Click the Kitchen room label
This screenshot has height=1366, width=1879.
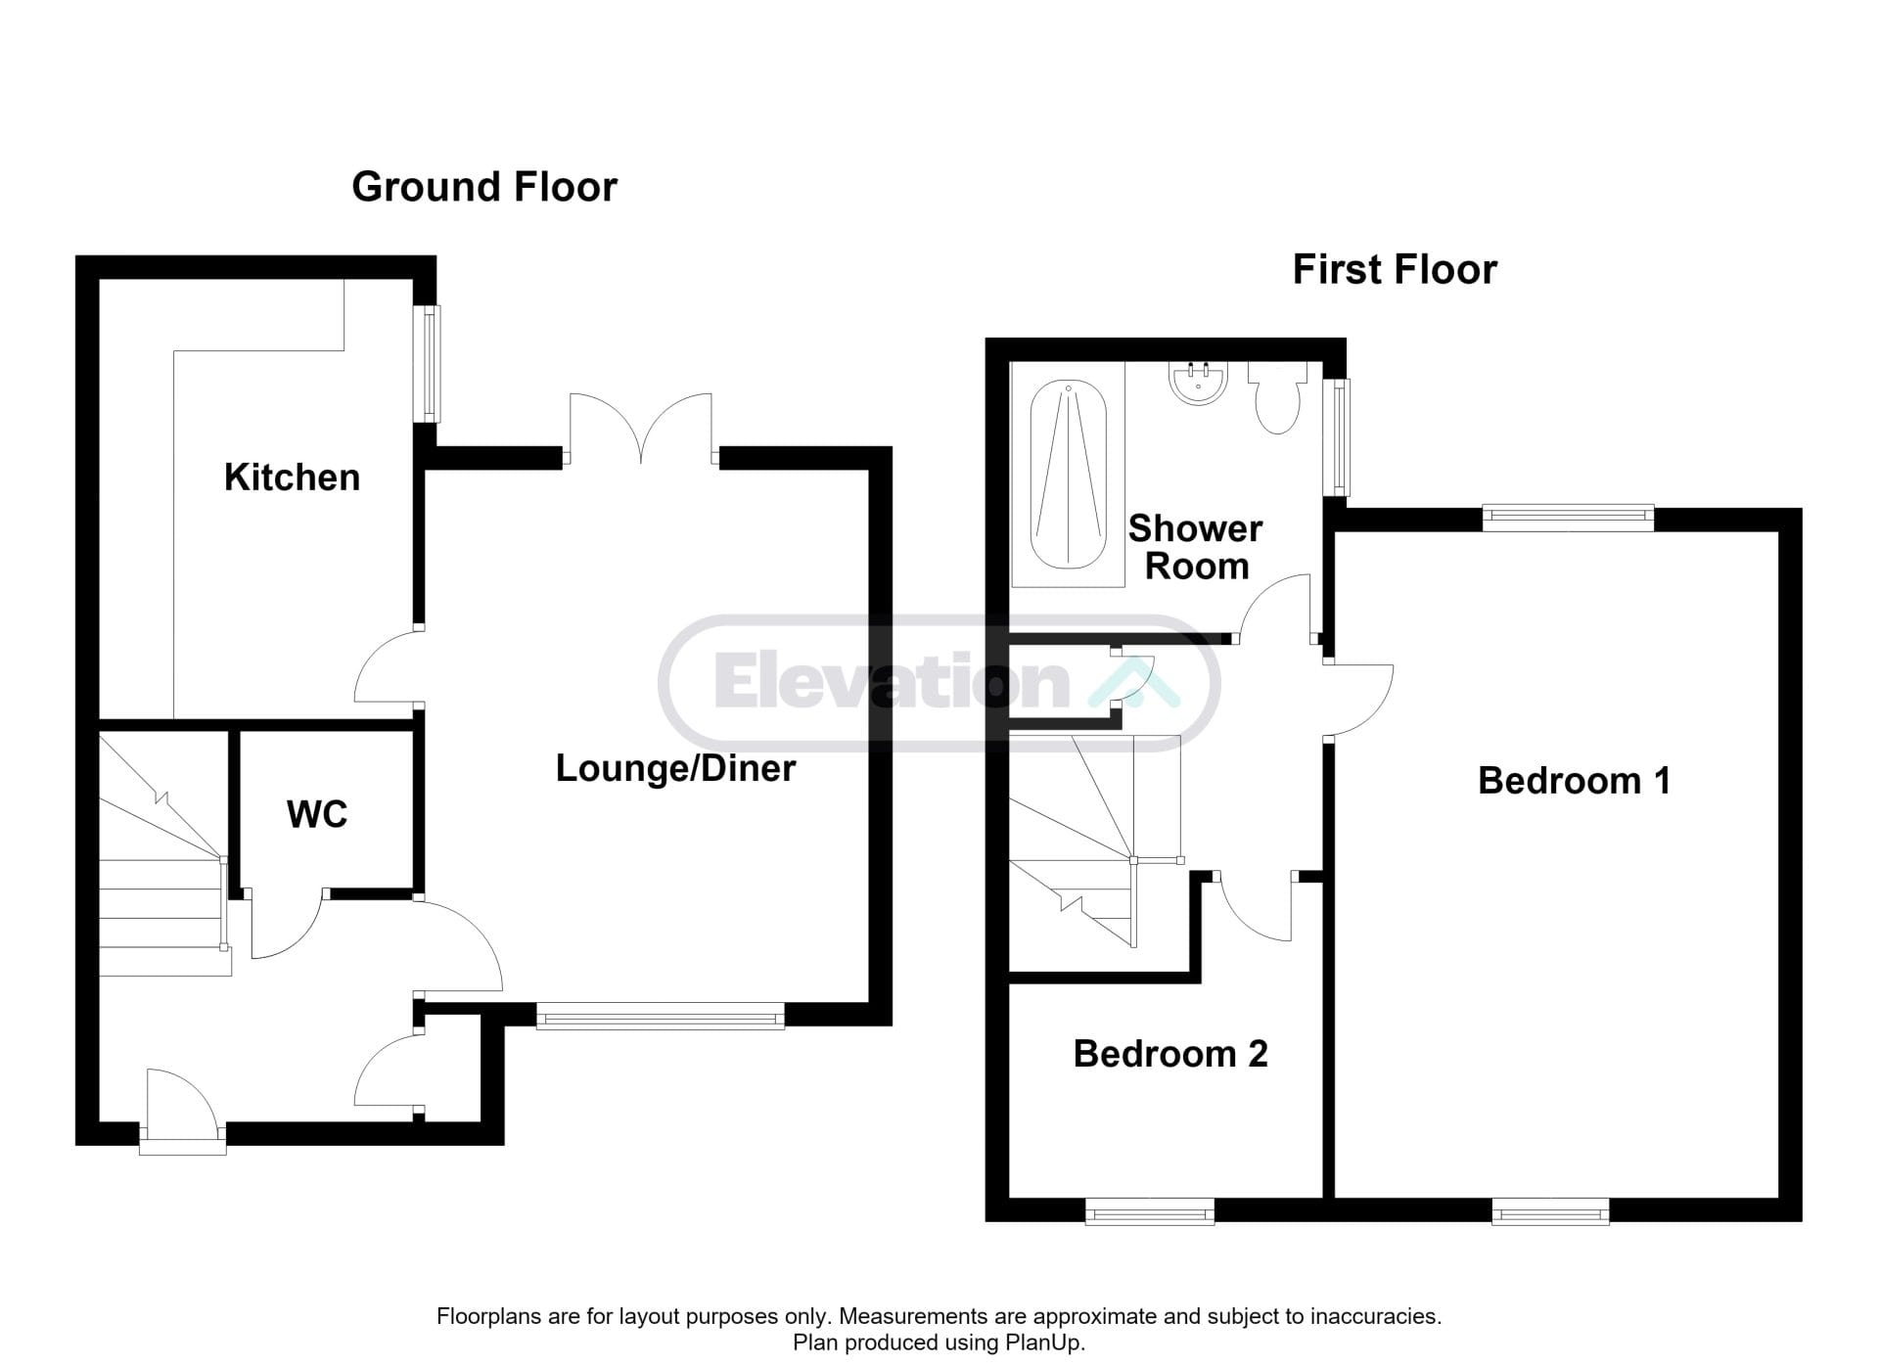tap(292, 478)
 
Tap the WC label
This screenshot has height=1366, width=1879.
tap(317, 814)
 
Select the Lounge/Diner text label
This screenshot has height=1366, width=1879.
tap(675, 769)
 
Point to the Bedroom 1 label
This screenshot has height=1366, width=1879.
tap(1574, 781)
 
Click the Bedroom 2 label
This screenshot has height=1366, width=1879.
tap(1170, 1054)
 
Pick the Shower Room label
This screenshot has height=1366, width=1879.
tap(1196, 548)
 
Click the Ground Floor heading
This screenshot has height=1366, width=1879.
tap(484, 187)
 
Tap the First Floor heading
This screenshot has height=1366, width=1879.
tap(1395, 270)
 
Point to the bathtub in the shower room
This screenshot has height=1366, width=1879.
tap(1068, 475)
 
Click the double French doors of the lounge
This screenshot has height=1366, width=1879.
tap(641, 429)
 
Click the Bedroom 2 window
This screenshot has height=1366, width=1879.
tap(1150, 1211)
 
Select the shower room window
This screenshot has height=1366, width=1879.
tap(1336, 436)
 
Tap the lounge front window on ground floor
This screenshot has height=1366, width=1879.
tap(661, 1016)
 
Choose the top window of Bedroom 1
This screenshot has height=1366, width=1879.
tap(1568, 519)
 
